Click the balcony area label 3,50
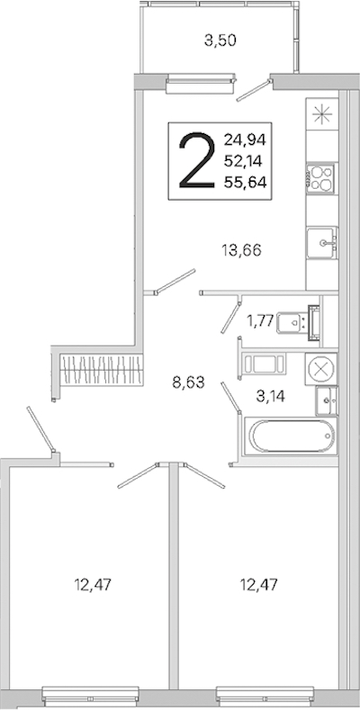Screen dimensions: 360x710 pos(220,41)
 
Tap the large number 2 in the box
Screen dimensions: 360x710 pos(196,161)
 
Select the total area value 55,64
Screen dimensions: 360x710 pos(245,182)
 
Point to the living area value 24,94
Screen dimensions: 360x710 pos(245,139)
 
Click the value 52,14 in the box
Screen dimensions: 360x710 pos(245,160)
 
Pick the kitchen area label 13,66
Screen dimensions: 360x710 pos(241,250)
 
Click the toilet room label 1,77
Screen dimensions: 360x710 pos(259,321)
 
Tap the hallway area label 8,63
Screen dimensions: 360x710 pos(188,383)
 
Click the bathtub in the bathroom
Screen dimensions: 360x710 pos(291,436)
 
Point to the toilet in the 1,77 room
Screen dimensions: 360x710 pos(298,322)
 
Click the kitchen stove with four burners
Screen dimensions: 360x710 pos(320,178)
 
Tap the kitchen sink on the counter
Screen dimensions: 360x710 pos(322,243)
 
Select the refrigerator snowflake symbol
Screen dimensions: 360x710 pos(322,114)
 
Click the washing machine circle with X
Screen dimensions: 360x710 pos(320,369)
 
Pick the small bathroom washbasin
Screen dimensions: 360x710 pos(327,401)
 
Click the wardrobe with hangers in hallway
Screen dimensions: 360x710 pos(102,369)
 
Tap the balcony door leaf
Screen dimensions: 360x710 pos(255,91)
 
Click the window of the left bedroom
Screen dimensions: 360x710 pos(91,697)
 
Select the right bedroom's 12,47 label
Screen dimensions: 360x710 pos(258,585)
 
